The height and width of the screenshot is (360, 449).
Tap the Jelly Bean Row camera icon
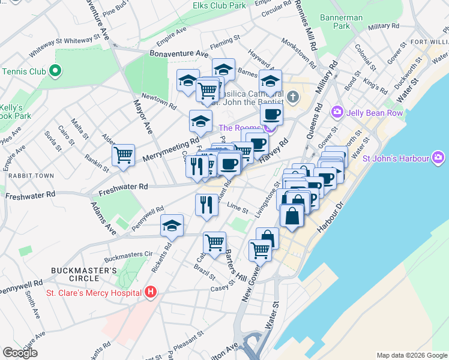(x=337, y=112)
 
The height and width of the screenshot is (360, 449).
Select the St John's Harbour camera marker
(x=439, y=158)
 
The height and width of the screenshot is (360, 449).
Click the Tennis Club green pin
(x=55, y=71)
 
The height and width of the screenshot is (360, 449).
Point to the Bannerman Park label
(x=342, y=22)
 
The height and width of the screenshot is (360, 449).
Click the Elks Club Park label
(x=219, y=5)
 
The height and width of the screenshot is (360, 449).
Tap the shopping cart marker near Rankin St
(x=123, y=154)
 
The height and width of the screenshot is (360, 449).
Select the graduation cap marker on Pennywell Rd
(x=172, y=225)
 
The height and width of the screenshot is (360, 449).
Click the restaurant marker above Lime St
(x=205, y=205)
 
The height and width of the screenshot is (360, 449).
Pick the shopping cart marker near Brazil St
(x=214, y=242)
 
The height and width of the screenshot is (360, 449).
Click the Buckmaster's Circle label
(x=83, y=274)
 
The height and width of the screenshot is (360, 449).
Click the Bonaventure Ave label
(x=178, y=53)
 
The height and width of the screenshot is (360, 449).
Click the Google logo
(x=20, y=353)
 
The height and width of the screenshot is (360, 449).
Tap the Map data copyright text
(x=411, y=355)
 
